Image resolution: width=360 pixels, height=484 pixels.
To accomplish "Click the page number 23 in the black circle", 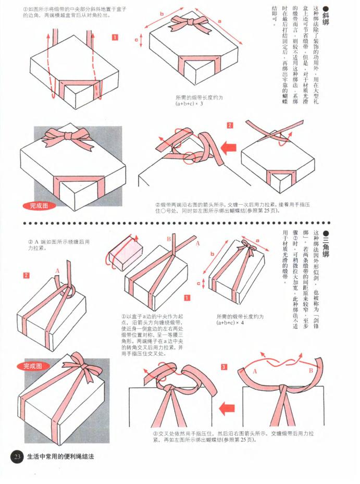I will point(18,457).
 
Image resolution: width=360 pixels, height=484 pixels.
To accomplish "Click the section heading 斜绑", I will point(327,16).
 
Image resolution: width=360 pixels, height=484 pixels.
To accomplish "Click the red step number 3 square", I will point(224,367).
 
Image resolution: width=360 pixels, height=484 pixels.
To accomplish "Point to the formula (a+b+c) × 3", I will point(189,104).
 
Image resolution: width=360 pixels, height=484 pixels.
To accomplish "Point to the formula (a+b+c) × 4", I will point(230,323).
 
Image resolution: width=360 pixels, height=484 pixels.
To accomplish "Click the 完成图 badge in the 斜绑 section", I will point(38,206).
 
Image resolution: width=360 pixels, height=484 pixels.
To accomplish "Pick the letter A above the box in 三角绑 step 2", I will point(57,270).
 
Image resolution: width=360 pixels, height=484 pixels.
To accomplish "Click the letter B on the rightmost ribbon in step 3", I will point(311,371).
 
